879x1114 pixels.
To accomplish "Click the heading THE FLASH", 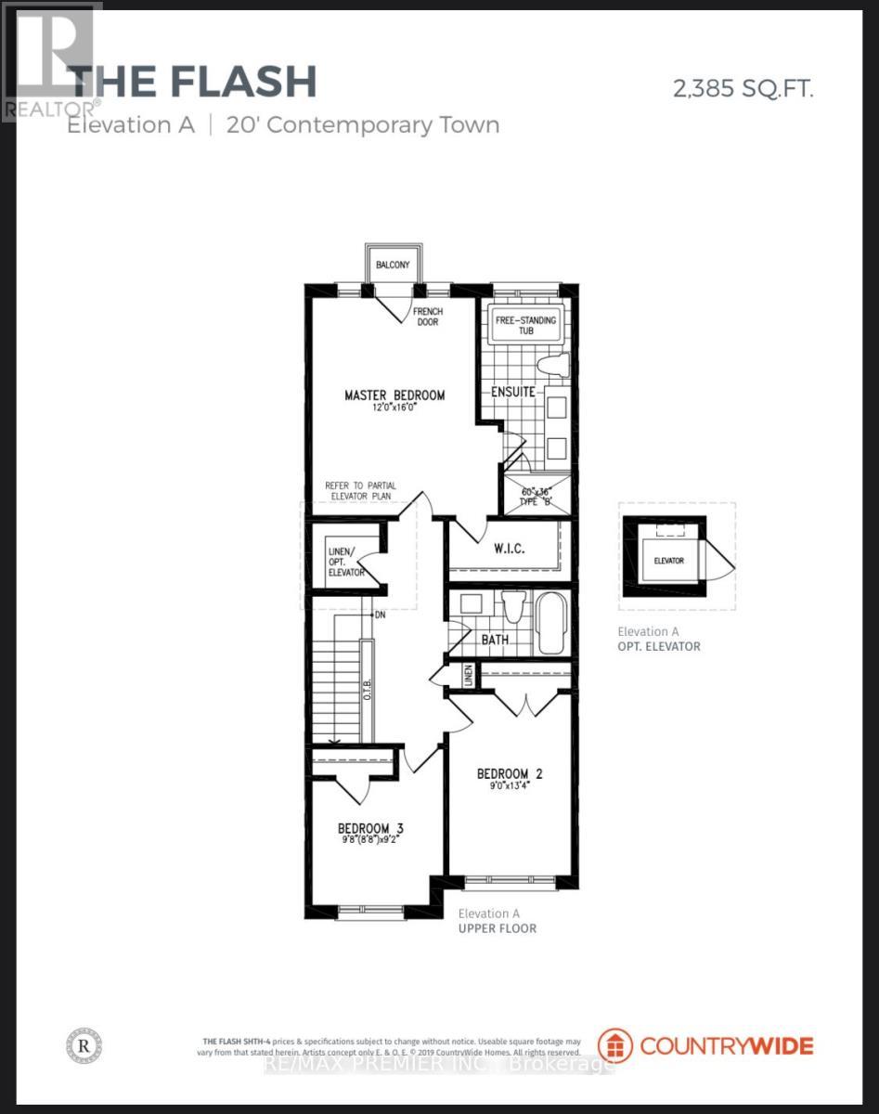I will (193, 82).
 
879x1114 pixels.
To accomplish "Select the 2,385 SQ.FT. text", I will (743, 89).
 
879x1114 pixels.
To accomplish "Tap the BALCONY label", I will (392, 266).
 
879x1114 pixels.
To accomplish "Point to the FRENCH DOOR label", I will (427, 317).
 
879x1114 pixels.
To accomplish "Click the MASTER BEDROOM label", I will (394, 395).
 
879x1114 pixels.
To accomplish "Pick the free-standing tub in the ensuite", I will (525, 326).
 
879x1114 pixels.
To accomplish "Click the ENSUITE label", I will (513, 392).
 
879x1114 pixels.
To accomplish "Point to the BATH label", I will (494, 640).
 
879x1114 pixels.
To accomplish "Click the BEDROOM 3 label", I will (369, 828).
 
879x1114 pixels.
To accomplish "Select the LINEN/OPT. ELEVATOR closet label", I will (344, 560).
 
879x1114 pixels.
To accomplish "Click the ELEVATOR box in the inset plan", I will (668, 561).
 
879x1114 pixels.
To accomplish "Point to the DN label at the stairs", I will (380, 615).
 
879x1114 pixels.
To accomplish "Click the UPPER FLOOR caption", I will (498, 928).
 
